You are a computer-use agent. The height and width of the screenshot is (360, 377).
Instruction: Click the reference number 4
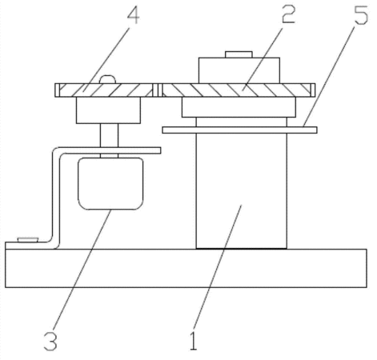[133, 14]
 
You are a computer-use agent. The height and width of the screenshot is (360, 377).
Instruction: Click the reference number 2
[288, 14]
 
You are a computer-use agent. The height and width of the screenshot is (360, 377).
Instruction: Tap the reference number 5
[361, 14]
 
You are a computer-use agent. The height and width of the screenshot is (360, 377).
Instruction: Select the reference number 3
[50, 341]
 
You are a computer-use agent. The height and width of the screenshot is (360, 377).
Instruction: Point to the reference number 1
[193, 340]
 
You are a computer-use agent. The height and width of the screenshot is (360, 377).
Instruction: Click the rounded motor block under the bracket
[110, 184]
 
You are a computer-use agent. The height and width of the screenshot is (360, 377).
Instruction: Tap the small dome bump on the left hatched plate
[107, 79]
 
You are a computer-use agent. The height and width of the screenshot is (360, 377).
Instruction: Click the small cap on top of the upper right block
[239, 54]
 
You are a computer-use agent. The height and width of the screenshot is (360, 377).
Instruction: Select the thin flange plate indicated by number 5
[240, 130]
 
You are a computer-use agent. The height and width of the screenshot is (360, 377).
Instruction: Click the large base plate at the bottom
[186, 268]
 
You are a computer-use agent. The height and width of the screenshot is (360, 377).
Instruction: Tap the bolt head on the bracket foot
[28, 239]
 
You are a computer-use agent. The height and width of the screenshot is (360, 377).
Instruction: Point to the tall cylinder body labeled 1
[242, 190]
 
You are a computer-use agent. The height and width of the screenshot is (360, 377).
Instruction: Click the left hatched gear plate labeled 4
[105, 90]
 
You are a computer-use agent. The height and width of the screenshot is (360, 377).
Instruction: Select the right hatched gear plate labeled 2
[237, 90]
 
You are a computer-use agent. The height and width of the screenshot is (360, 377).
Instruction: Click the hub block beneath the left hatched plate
[108, 110]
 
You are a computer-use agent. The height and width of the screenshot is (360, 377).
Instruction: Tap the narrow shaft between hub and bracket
[109, 135]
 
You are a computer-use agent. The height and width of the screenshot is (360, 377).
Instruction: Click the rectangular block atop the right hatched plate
[239, 70]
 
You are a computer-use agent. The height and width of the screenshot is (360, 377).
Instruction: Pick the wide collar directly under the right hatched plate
[239, 107]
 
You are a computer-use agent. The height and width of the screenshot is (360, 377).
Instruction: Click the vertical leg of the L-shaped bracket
[56, 198]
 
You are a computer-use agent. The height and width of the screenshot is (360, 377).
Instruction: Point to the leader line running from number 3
[82, 270]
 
